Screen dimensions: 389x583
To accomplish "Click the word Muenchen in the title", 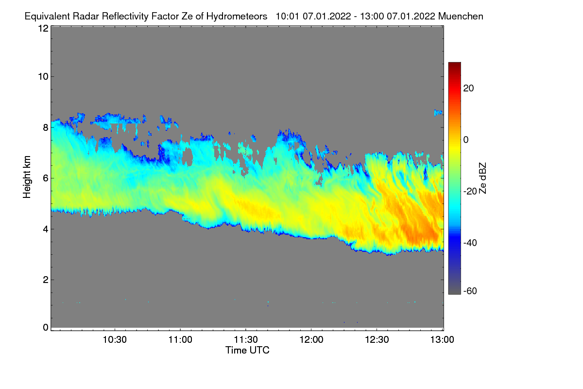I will (461, 16).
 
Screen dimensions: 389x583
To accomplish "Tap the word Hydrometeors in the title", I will (237, 16).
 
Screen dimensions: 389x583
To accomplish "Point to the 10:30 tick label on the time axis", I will (115, 340).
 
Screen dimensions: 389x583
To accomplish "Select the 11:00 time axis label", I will (180, 340).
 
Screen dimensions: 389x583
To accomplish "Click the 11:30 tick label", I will (246, 340).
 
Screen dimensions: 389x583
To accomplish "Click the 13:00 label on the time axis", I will (442, 340).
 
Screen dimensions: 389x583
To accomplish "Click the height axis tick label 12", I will (43, 28).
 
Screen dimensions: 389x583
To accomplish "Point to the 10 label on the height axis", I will (43, 76).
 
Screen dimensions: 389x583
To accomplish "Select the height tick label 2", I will (45, 280).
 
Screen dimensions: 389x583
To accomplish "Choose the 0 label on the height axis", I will (45, 327).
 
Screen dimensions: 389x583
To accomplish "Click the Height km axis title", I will (27, 178).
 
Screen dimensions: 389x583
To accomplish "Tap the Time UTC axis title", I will (247, 351).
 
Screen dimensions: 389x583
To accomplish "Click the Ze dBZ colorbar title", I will (482, 177).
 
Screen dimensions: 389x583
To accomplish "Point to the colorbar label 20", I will (469, 88).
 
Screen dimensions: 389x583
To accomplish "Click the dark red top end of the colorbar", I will (454, 65).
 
